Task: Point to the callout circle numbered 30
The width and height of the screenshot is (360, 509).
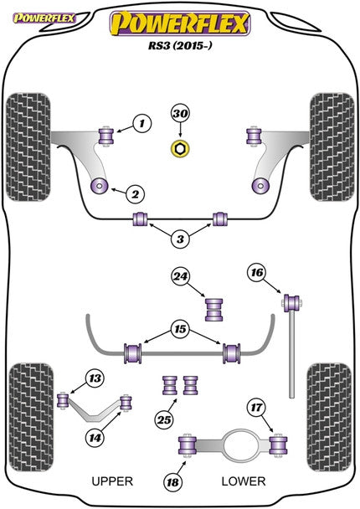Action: tap(180, 113)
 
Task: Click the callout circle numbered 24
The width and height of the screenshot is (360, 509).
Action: tap(180, 277)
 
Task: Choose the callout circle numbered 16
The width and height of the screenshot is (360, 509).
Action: tap(256, 272)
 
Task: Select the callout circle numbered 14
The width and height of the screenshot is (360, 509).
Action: tap(95, 435)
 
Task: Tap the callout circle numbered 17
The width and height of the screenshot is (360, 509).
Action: tap(256, 409)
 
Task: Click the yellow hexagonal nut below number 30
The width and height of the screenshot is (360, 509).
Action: tap(178, 149)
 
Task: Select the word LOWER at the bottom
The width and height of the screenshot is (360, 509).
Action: tap(244, 481)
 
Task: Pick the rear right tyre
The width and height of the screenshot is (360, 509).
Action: tap(329, 405)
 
